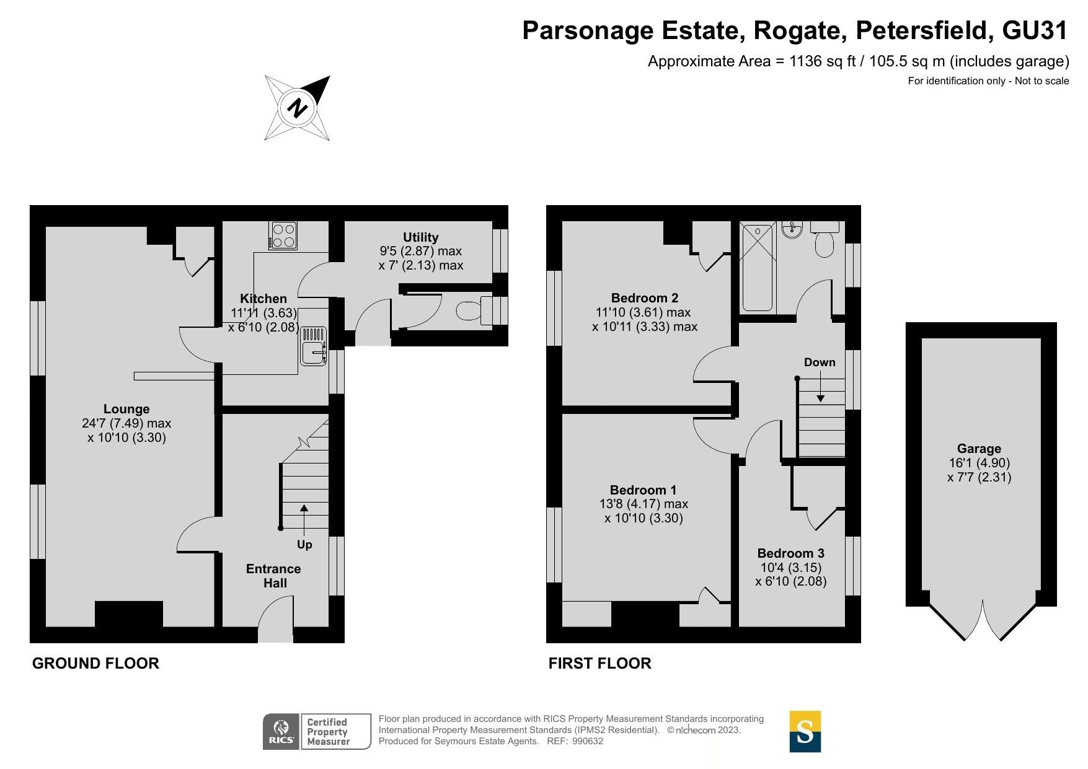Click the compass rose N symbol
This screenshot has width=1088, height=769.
point(298,108)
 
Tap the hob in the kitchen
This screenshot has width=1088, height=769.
point(283,235)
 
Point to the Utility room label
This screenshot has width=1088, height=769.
point(420,237)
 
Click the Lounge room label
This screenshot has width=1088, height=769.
point(126,409)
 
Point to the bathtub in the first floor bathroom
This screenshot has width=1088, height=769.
point(757,268)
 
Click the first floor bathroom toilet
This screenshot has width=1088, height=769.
point(825,240)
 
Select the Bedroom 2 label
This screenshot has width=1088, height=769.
point(645,298)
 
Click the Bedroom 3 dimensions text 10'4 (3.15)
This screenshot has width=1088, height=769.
point(790,568)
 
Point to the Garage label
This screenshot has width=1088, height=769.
point(979,449)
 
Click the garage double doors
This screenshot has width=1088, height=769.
point(983,620)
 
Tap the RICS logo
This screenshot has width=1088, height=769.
point(281,732)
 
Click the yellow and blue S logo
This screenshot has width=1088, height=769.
point(805,732)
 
